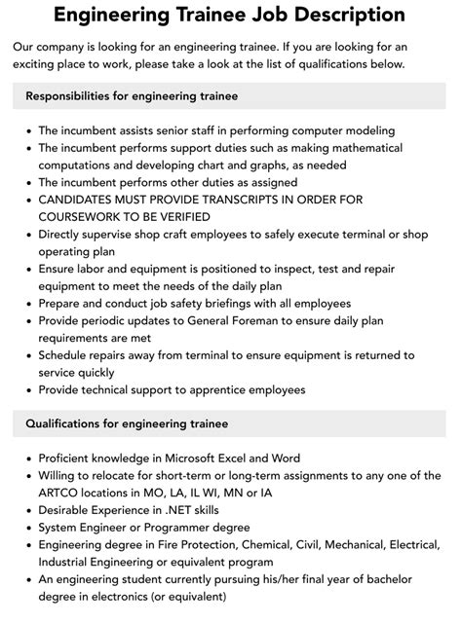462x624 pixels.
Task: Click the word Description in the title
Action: (347, 15)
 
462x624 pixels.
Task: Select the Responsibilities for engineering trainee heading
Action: (131, 96)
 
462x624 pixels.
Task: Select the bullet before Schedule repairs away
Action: (27, 355)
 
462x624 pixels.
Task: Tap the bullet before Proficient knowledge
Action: (27, 458)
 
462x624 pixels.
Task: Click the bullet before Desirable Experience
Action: (27, 509)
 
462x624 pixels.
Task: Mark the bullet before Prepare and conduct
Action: (27, 303)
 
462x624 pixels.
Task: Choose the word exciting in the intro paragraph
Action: (42, 63)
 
